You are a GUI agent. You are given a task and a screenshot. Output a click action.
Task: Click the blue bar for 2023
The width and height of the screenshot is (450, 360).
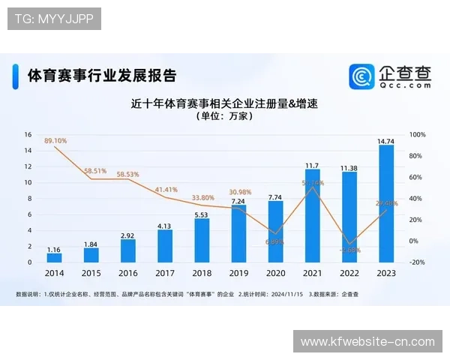coord(386,203)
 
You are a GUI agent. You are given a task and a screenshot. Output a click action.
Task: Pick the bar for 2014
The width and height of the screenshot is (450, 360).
coord(54,257)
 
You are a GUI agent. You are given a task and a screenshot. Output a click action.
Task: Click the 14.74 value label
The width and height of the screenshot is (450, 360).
coord(386,140)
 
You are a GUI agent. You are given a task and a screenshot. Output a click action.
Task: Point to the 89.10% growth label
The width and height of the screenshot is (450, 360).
coord(55,140)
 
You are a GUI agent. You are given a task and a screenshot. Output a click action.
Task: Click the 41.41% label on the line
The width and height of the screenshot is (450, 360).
coord(166,190)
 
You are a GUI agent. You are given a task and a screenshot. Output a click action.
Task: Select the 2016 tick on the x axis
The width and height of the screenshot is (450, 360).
coord(127,274)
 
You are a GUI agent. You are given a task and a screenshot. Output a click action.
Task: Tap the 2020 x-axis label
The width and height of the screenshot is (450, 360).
coord(275,274)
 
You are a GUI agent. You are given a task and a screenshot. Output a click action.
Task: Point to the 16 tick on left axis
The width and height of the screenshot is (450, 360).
coord(28,134)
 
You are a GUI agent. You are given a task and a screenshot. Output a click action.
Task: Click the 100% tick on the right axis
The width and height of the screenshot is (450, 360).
coord(418,134)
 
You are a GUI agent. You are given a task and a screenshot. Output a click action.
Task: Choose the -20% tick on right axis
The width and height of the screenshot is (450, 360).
coord(418,262)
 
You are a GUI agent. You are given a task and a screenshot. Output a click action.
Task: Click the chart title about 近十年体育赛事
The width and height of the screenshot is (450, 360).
coord(225,103)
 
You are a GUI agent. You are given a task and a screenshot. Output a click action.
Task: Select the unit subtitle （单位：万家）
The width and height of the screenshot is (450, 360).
coord(225,117)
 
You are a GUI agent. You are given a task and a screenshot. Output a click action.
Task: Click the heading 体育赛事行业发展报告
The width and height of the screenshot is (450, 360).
coord(102,76)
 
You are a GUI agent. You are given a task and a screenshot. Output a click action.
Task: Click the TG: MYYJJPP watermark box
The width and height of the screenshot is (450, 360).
coord(54,19)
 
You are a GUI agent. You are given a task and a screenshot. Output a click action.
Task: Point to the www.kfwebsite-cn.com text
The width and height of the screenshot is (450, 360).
coord(367,341)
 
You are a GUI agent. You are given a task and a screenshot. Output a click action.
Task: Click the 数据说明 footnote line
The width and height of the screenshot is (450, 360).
coord(187,293)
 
